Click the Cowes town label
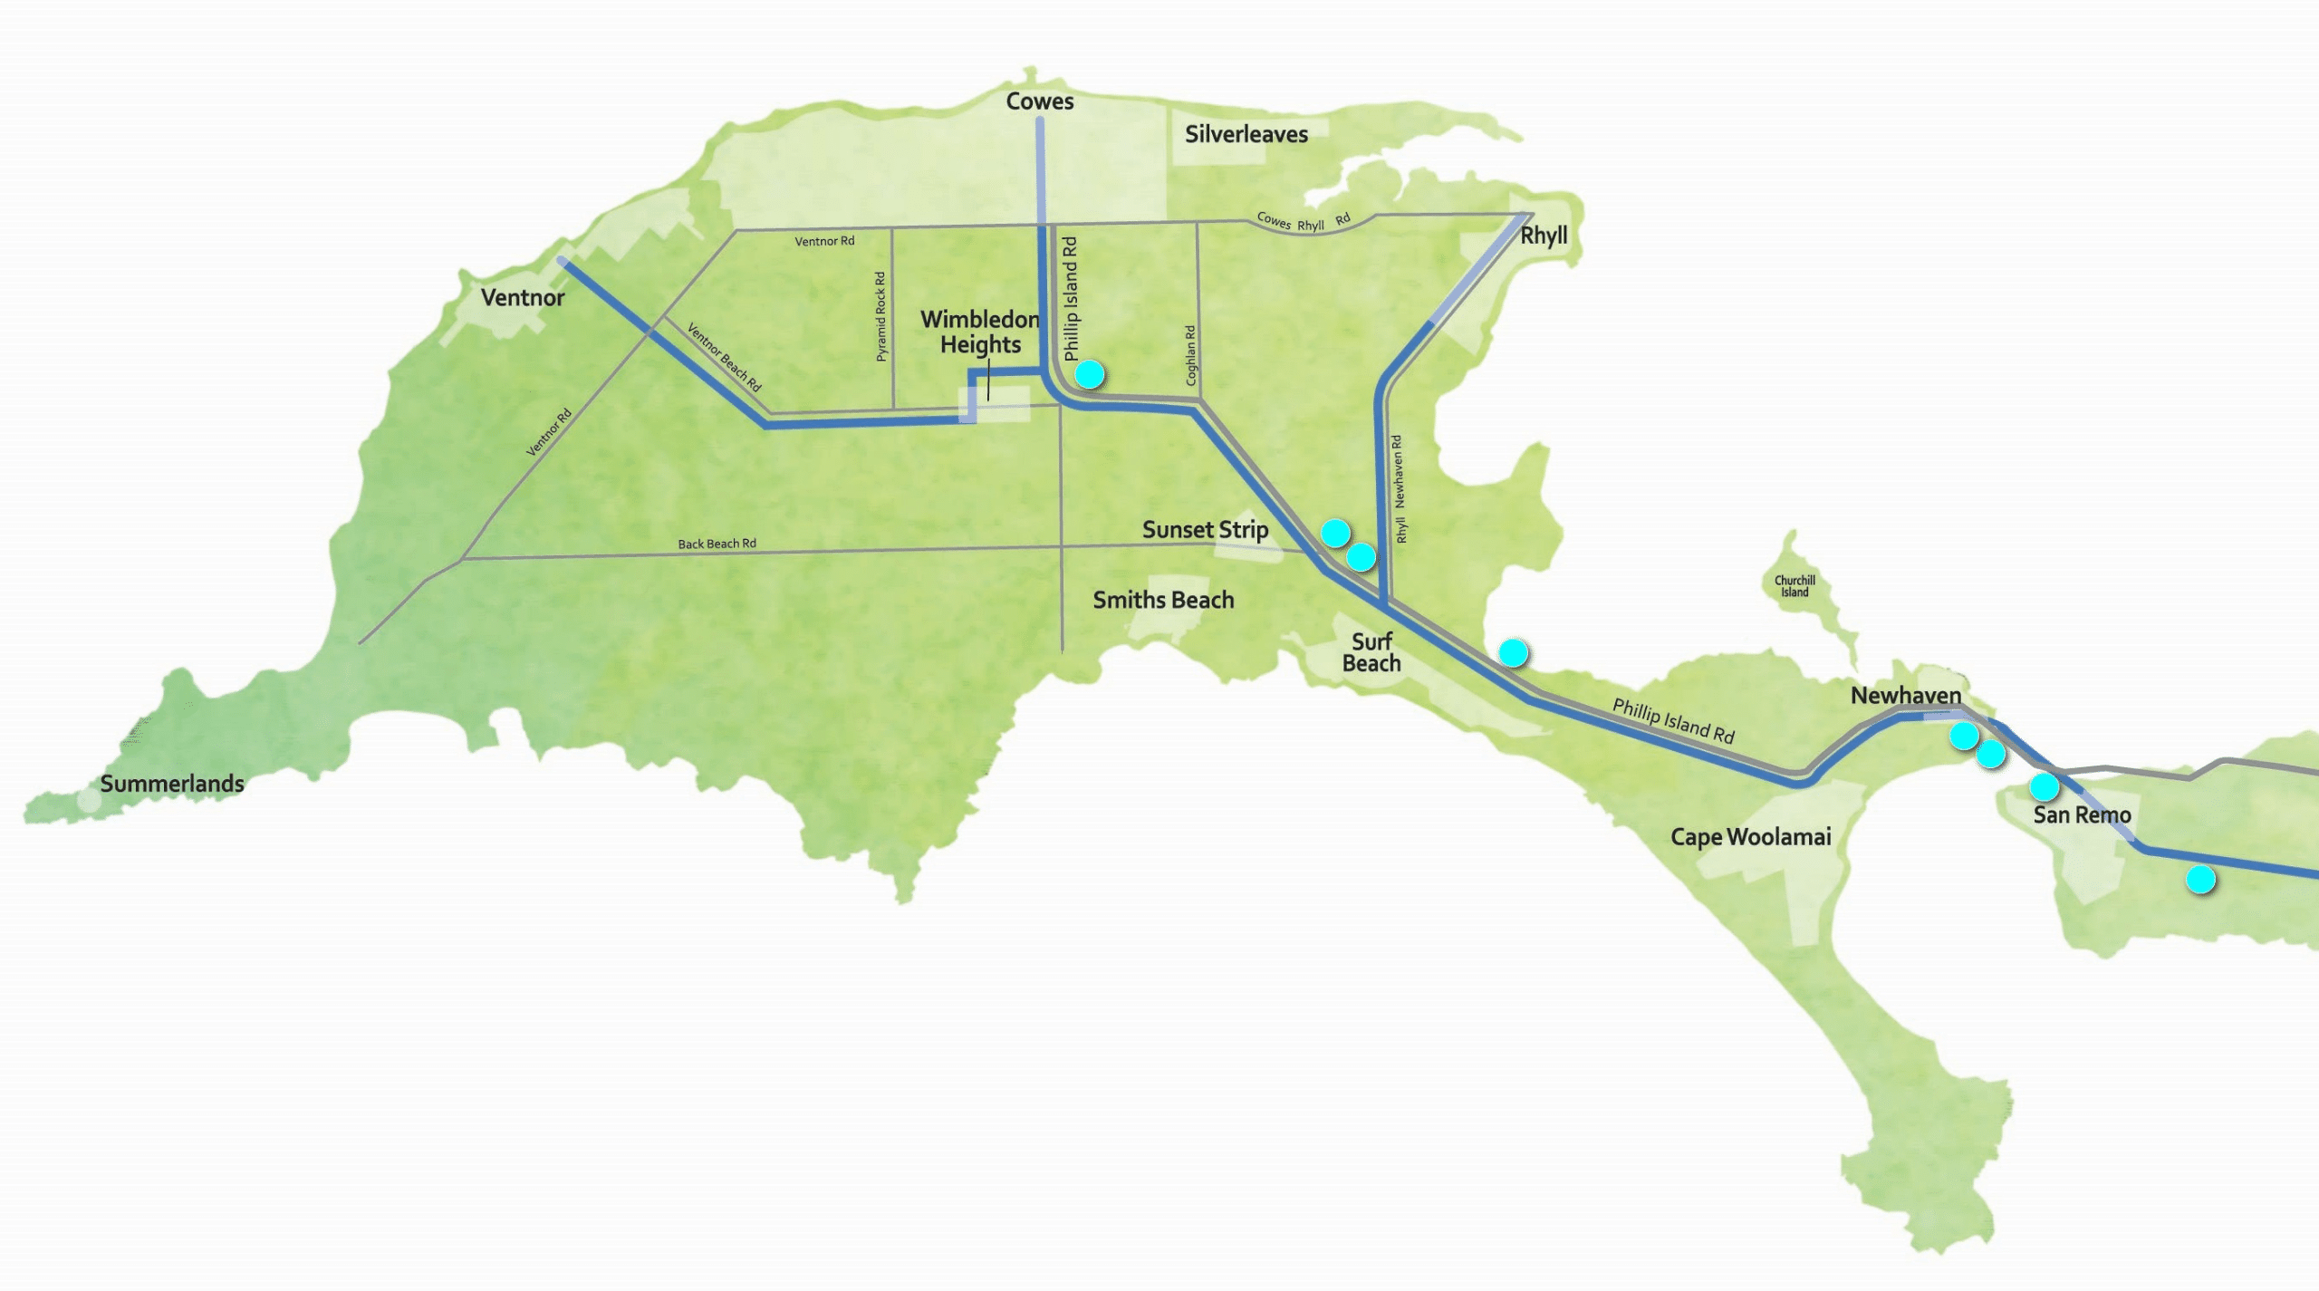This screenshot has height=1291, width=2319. pos(1039,101)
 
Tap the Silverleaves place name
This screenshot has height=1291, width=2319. pos(1246,135)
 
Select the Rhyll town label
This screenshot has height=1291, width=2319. pos(1543,236)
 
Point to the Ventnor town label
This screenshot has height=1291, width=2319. pos(522,298)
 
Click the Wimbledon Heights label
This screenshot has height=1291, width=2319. pos(980,332)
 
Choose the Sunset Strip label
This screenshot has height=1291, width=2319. pos(1204,530)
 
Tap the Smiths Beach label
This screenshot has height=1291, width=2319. pos(1163,600)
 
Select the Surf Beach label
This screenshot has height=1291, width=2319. pos(1371,652)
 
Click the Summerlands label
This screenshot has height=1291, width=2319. pos(172,784)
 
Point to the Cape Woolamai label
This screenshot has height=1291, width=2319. pos(1750,837)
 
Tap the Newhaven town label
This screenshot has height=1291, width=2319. pos(1905,696)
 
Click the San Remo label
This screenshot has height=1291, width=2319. pos(2082,815)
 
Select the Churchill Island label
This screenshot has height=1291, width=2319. pos(1795,586)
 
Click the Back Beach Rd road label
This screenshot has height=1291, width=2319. pos(717,544)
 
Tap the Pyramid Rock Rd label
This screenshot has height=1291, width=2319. pos(880,316)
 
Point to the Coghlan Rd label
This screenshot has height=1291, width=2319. pos(1190,355)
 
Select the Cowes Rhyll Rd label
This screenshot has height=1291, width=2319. pos(1303,222)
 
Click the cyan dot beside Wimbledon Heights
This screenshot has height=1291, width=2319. pos(1089,373)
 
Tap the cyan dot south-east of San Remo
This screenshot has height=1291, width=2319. pos(2200,879)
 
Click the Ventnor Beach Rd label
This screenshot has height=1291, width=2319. pos(724,357)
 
